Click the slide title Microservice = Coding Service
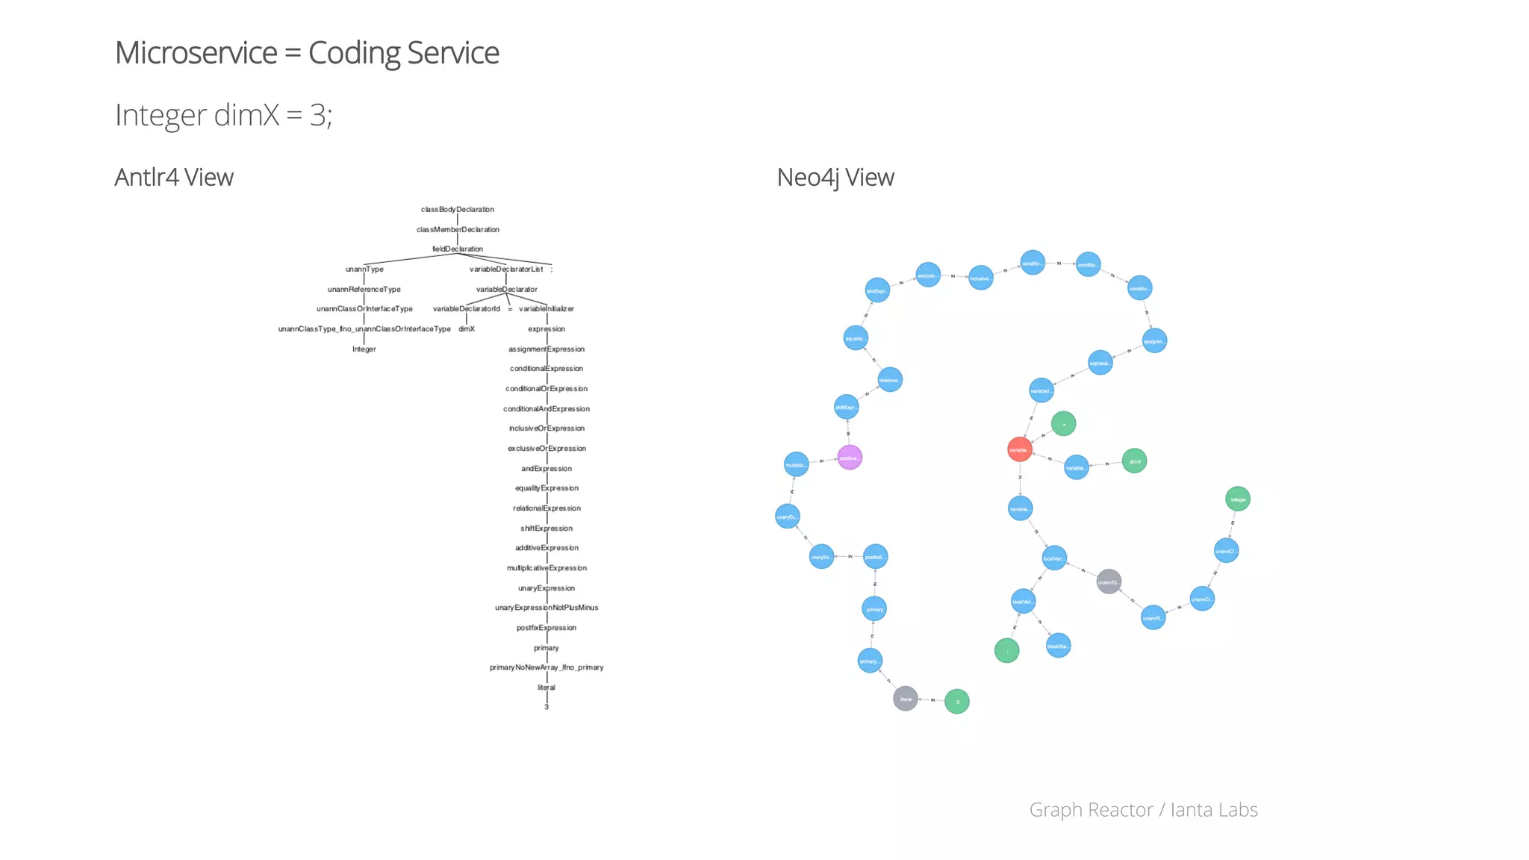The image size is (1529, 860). pos(307,53)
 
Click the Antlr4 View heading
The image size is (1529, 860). pos(174,178)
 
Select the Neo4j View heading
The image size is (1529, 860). pos(835,178)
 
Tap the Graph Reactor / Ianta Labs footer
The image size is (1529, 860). pos(1143,810)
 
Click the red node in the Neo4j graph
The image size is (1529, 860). pos(1020,449)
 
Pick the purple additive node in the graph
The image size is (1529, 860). pos(850,458)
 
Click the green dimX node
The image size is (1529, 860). pos(1134,461)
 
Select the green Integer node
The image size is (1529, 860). pos(1238,499)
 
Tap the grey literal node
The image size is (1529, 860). pos(906,699)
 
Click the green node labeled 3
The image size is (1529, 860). pos(957,702)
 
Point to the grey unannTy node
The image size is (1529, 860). pos(1109,582)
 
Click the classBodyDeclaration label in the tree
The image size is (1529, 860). pos(458,210)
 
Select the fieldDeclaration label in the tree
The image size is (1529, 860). pos(458,249)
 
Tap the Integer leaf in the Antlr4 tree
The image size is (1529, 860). pos(364,349)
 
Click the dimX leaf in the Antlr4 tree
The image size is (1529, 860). pos(467,329)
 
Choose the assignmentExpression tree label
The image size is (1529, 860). pos(546,349)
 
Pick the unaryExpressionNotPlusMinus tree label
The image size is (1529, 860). pos(546,608)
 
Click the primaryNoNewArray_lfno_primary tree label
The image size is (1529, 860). pos(546,667)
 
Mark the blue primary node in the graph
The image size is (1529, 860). pos(874,609)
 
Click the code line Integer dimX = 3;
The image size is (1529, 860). pos(224,115)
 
